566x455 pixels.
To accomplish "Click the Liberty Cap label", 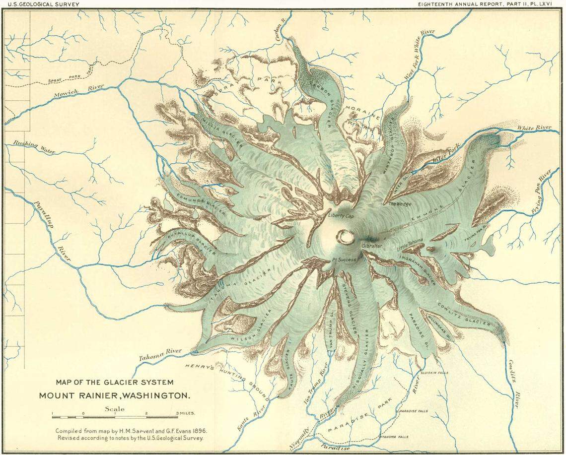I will (341, 216).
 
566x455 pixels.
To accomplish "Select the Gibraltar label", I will (372, 246).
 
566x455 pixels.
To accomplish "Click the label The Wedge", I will (399, 204).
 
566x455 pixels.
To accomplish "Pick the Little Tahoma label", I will (410, 242).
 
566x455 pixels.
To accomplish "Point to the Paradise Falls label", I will (412, 411).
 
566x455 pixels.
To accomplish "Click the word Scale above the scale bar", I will (115, 409).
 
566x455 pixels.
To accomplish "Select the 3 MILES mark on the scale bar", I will (185, 413).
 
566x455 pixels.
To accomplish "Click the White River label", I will (534, 128).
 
